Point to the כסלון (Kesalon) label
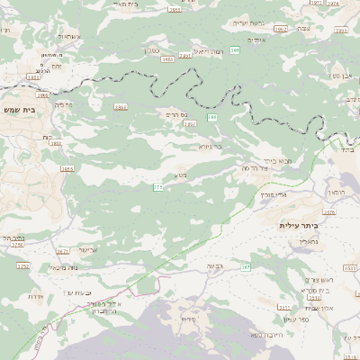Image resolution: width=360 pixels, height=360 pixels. [x=154, y=51]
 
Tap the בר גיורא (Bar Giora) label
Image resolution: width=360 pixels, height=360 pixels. [x=211, y=144]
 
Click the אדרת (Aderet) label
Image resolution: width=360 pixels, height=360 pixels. [x=36, y=296]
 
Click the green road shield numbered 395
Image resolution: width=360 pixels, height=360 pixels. [x=234, y=51]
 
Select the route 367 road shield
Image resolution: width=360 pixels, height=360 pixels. [x=245, y=268]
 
